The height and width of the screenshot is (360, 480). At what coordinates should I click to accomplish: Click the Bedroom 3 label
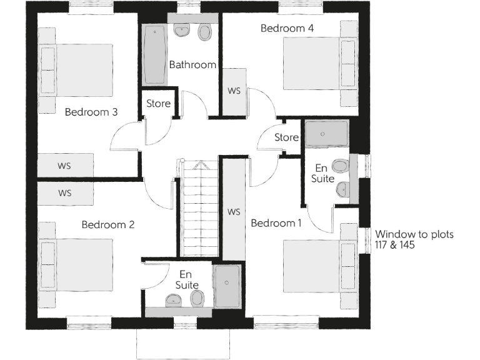91,112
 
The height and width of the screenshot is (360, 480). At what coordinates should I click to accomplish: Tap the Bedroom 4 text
287,28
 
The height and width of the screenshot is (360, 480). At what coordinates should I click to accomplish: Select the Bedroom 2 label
108,224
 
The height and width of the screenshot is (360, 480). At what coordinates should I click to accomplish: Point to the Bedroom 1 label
276,223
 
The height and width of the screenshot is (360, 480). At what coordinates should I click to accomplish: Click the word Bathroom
192,64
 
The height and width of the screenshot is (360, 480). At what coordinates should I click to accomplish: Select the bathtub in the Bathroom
154,54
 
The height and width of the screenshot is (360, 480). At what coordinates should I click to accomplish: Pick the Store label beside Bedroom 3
158,104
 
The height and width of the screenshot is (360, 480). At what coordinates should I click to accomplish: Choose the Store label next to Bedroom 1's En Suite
287,137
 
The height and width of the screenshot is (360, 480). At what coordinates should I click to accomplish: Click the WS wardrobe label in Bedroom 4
234,91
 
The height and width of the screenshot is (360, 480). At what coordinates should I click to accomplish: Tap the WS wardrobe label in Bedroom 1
234,212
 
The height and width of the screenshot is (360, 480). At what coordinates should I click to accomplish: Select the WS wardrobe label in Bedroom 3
64,166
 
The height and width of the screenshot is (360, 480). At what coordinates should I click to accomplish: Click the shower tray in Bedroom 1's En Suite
326,133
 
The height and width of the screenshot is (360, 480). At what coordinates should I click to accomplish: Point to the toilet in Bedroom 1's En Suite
340,166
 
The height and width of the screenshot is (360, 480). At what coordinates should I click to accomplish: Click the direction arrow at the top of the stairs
201,166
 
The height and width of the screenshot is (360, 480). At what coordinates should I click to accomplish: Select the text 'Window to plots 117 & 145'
414,240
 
